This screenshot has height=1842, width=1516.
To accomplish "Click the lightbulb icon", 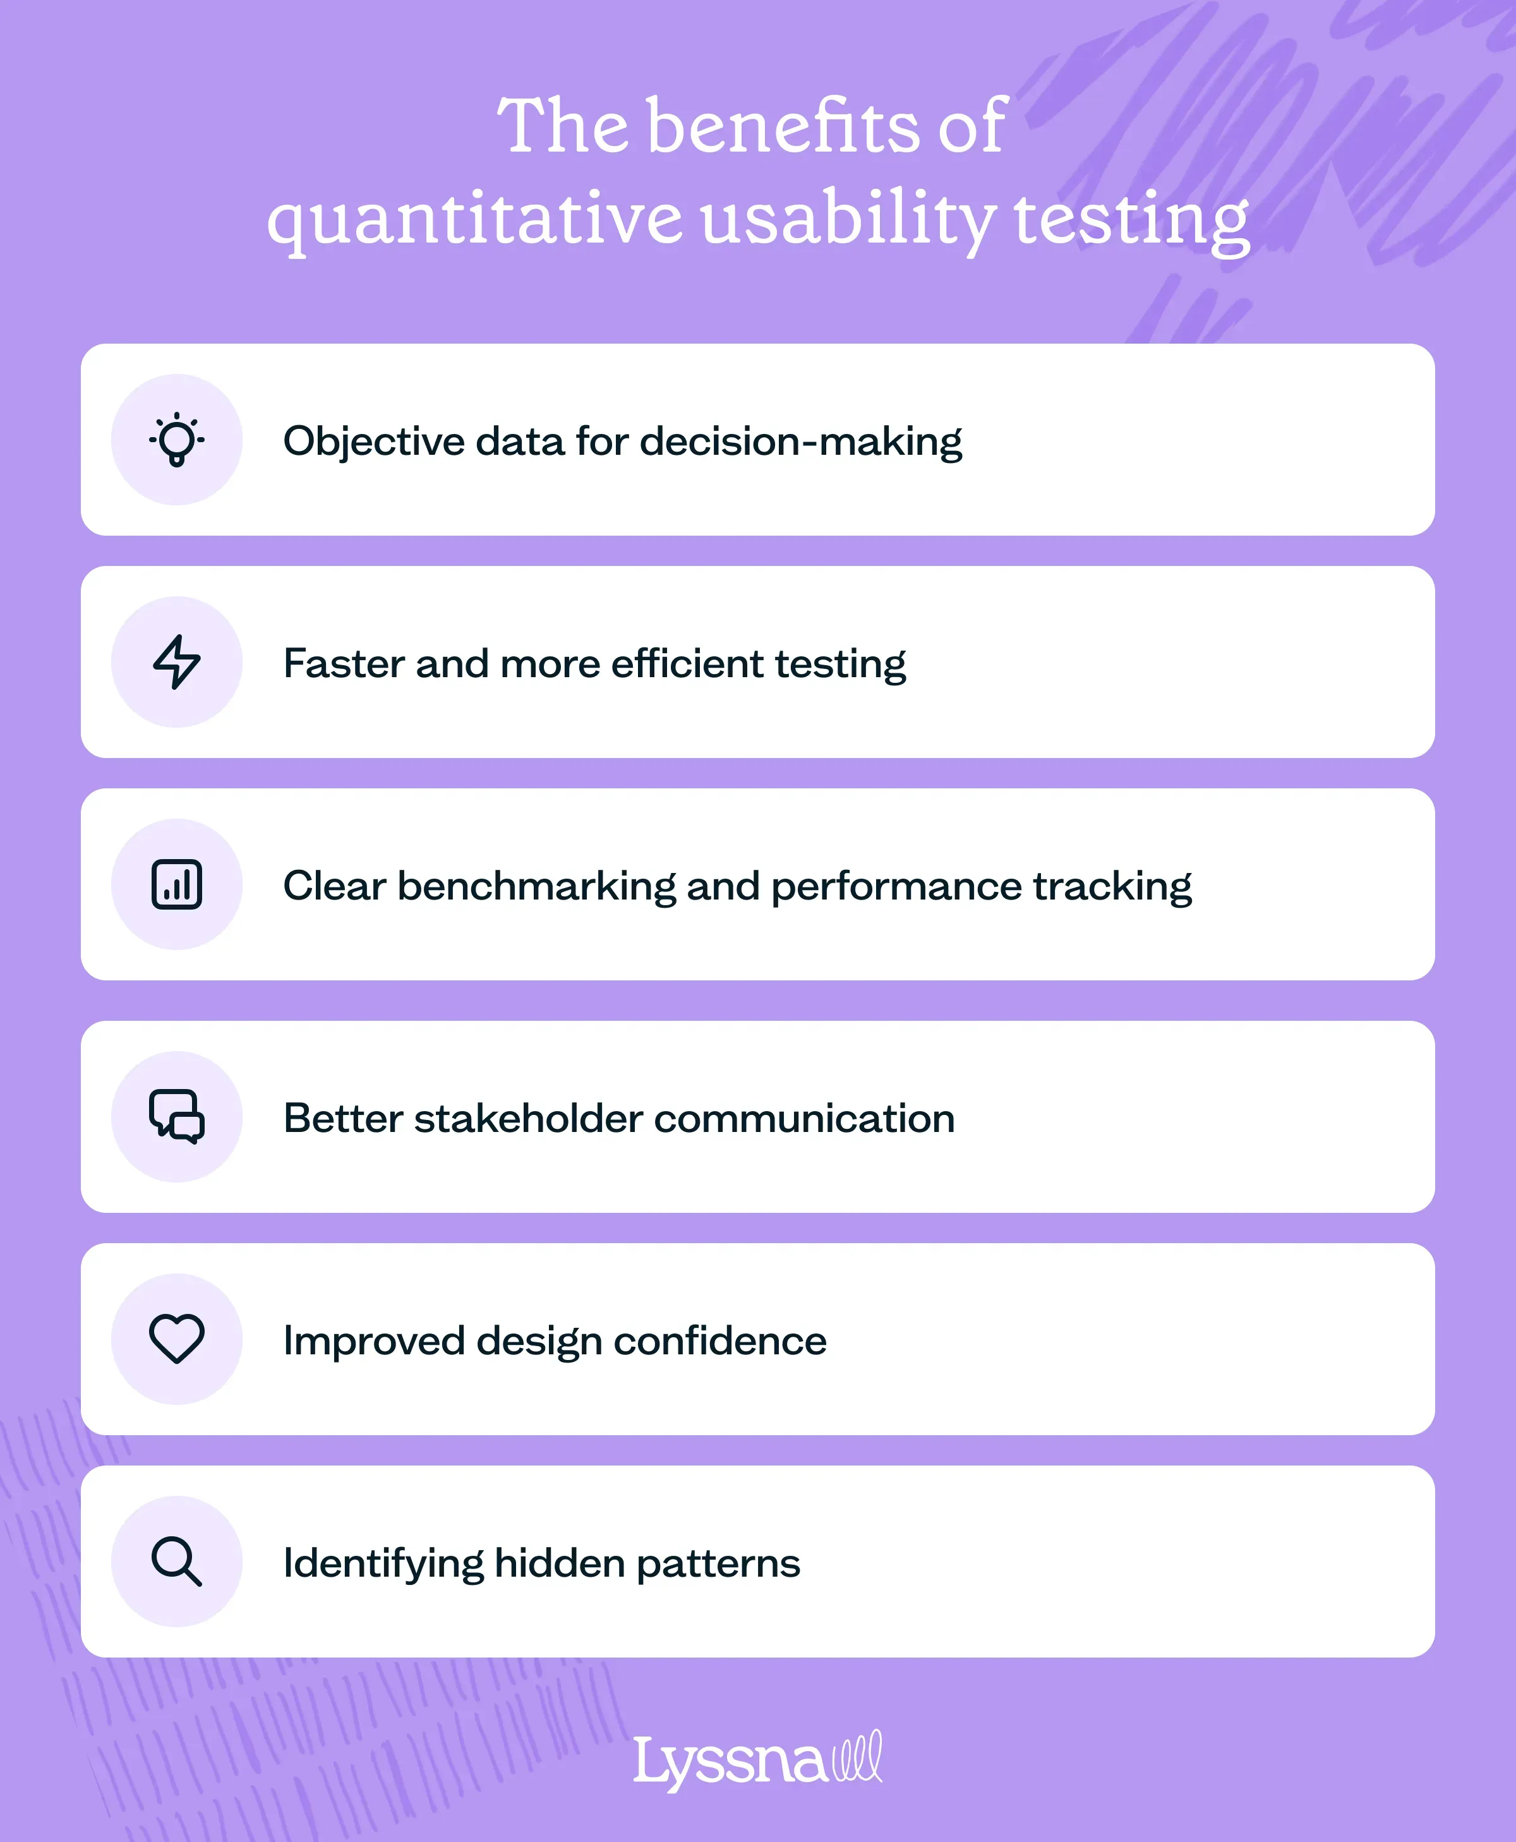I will (x=176, y=439).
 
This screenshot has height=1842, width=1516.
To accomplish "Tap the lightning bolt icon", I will (x=176, y=662).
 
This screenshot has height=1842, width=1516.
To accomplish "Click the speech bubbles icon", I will (x=176, y=1116).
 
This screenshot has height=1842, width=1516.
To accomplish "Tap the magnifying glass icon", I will (x=176, y=1561).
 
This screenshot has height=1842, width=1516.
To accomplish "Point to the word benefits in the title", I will (x=783, y=126).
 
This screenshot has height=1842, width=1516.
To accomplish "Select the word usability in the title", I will (x=847, y=219).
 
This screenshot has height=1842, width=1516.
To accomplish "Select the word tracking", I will (x=1112, y=886).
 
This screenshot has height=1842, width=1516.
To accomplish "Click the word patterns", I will (x=718, y=1563).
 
